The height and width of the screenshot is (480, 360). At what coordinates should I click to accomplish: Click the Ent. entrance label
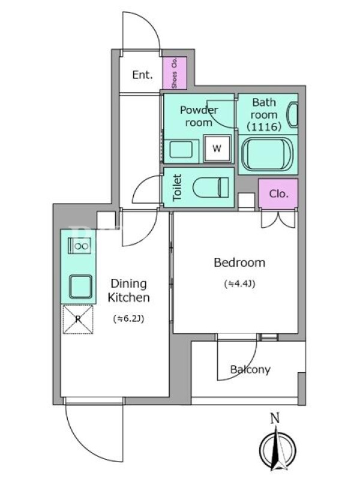(x=142, y=75)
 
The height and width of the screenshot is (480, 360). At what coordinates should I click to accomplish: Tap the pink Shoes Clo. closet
(x=175, y=73)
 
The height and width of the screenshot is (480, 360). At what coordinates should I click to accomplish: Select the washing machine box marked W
(x=217, y=148)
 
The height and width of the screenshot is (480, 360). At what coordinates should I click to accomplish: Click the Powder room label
(x=199, y=116)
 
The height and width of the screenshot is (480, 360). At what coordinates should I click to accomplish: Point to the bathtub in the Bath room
(x=267, y=154)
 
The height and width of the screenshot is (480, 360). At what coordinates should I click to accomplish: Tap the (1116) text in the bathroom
(x=264, y=127)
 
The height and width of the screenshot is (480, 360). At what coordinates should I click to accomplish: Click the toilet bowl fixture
(x=211, y=187)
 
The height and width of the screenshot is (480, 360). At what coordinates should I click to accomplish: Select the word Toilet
(x=177, y=188)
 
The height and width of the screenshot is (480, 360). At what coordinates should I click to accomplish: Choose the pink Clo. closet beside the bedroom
(x=278, y=193)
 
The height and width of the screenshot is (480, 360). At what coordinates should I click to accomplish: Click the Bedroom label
(x=239, y=263)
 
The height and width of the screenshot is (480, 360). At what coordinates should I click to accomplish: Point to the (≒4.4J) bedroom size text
(x=239, y=284)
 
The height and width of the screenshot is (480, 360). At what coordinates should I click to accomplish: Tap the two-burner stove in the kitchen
(x=79, y=245)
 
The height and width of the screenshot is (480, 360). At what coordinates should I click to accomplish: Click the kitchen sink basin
(x=80, y=287)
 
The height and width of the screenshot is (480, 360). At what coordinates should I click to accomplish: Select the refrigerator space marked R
(x=78, y=319)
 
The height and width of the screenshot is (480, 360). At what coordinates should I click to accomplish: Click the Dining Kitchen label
(x=129, y=290)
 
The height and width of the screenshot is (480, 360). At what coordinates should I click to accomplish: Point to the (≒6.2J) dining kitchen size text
(x=128, y=319)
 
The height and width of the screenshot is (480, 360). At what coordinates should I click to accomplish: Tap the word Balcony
(x=250, y=370)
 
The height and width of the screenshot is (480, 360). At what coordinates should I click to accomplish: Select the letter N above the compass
(x=275, y=418)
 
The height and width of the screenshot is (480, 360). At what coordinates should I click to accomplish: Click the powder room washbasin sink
(x=181, y=149)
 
